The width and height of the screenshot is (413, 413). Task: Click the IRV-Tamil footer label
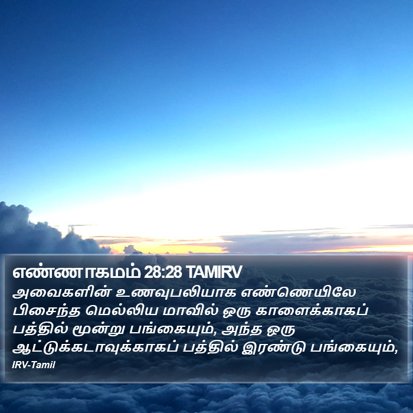[x=34, y=365]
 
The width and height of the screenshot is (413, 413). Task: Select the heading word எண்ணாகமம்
[x=76, y=273]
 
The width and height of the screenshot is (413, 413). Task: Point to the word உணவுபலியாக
[x=176, y=293]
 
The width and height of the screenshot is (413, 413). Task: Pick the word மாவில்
[x=191, y=311]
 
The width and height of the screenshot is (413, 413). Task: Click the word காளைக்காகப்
[x=312, y=311]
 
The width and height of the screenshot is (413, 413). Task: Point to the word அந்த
[x=242, y=330]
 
